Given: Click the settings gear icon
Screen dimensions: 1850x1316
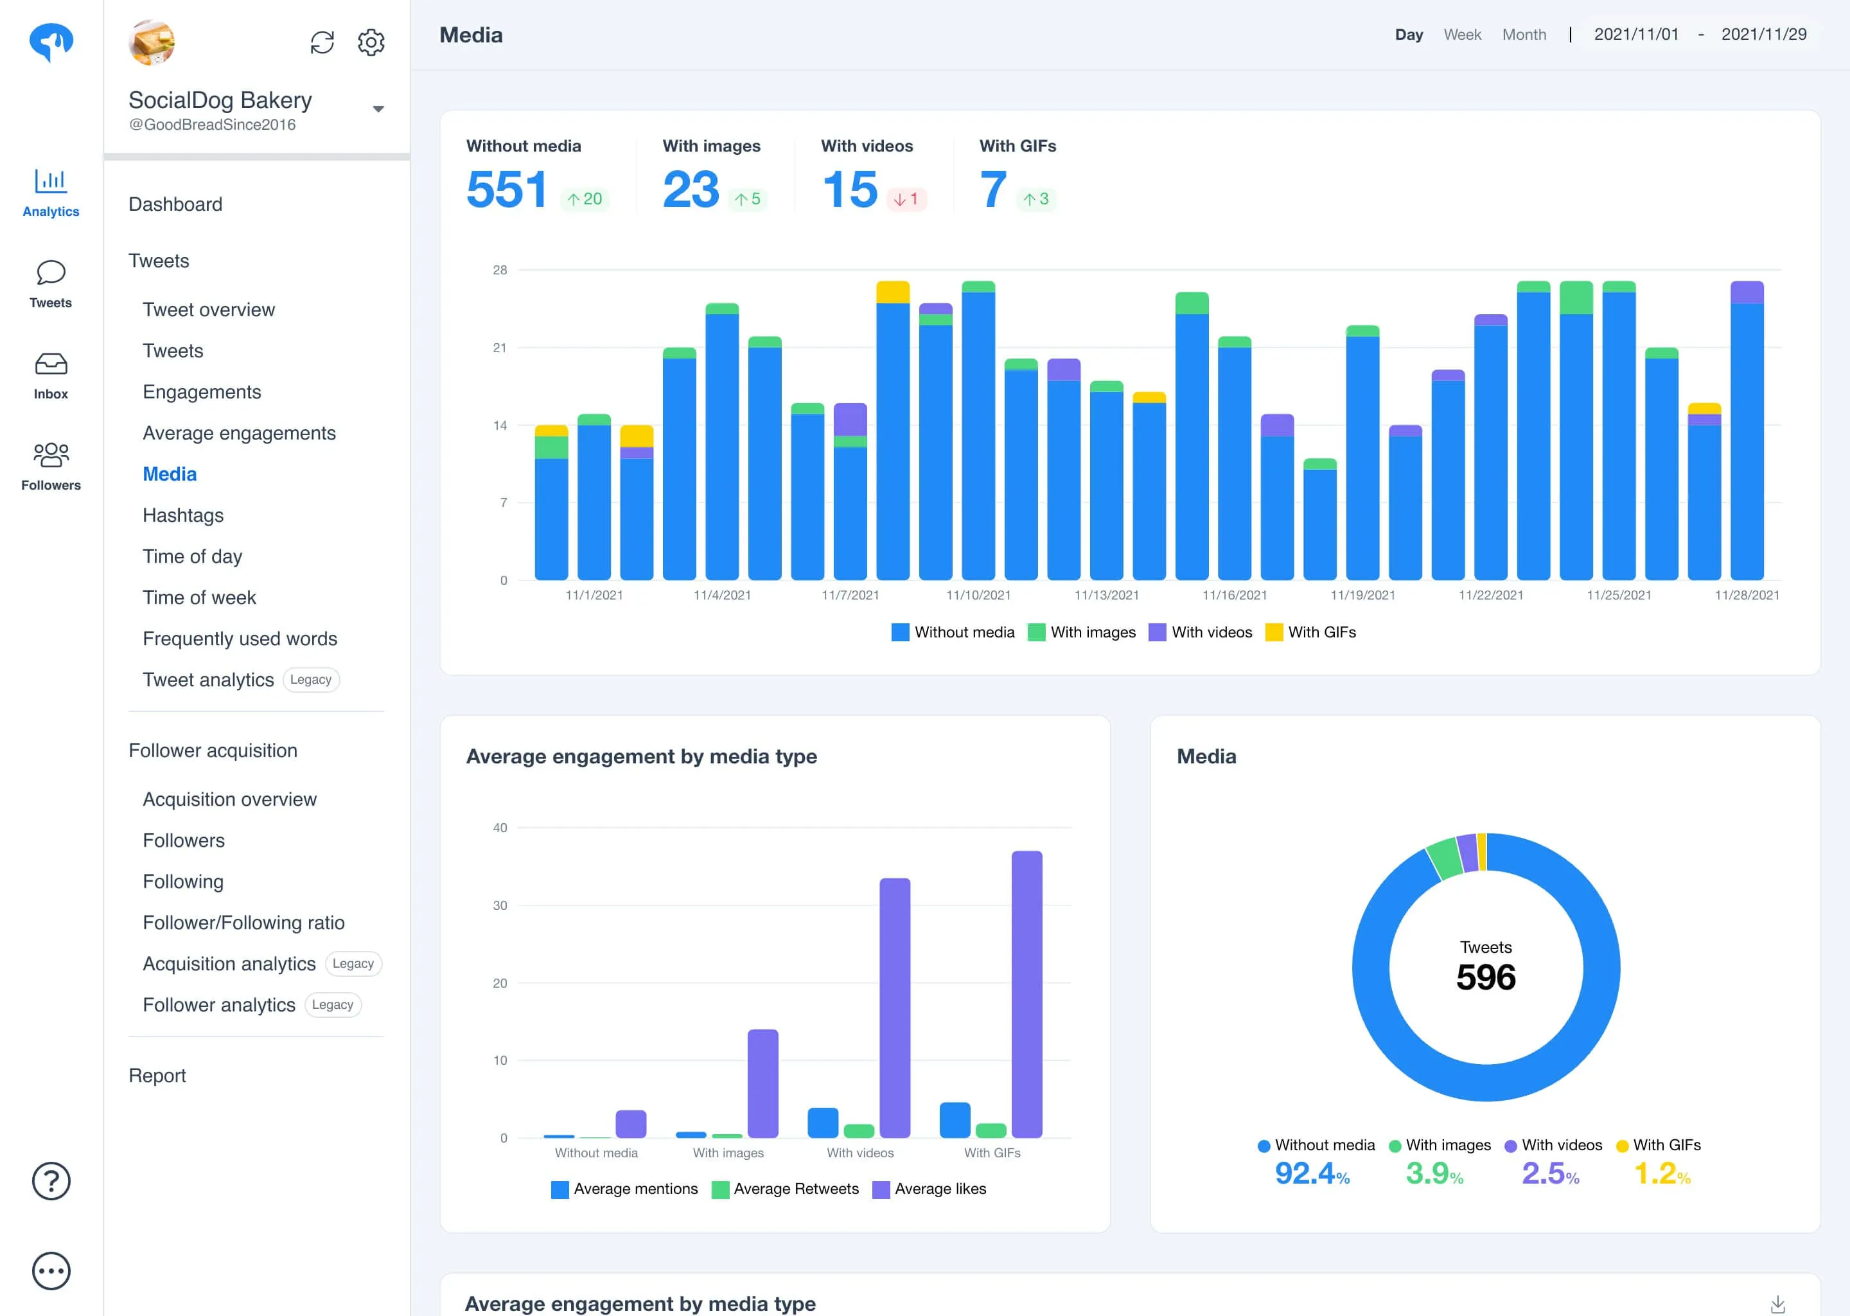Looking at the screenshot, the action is [x=371, y=42].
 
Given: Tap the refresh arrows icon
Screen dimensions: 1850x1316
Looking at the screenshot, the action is [x=322, y=42].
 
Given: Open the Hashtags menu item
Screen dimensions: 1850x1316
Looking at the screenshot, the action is [x=183, y=515].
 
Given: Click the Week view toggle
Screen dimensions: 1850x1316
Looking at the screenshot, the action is [x=1462, y=35].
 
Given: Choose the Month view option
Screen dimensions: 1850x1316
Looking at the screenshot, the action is [x=1524, y=35].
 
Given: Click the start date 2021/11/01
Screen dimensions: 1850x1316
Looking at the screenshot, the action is [x=1636, y=34].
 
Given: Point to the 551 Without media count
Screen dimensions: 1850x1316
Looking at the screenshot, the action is [x=507, y=190].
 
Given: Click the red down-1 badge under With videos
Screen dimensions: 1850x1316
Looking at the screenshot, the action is [x=906, y=199].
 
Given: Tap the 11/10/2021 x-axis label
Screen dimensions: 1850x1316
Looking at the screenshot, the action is [x=978, y=595].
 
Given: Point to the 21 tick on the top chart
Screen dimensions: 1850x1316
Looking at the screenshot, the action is [x=500, y=348].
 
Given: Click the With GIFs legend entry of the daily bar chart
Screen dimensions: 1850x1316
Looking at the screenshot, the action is [x=1310, y=632].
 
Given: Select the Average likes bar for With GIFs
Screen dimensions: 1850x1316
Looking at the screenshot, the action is [x=1026, y=993].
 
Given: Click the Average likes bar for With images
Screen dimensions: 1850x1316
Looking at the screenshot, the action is [x=762, y=1083].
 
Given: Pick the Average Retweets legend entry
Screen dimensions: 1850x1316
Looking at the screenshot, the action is [x=785, y=1189].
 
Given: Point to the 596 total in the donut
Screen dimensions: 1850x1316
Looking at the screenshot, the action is [x=1486, y=977].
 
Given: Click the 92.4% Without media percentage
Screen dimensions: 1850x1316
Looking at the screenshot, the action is [x=1311, y=1173].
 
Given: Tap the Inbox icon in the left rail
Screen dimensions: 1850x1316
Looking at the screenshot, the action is [x=51, y=364].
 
